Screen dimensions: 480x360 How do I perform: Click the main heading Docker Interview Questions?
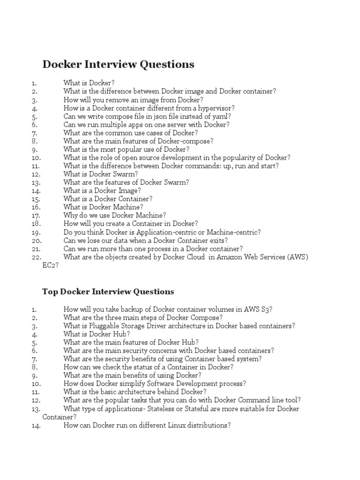click(118, 64)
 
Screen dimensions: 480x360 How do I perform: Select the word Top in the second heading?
click(49, 292)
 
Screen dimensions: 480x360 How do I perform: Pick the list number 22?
click(37, 257)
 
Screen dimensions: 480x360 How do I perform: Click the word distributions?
click(210, 425)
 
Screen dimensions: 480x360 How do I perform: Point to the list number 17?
click(37, 216)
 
